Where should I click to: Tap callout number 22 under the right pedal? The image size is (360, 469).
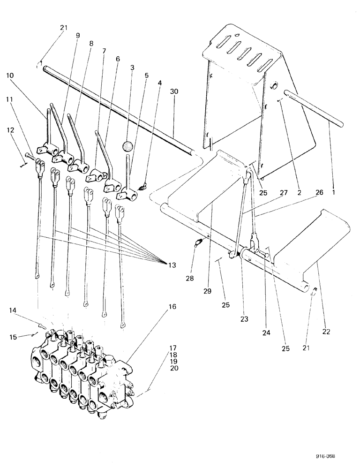[326, 331]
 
